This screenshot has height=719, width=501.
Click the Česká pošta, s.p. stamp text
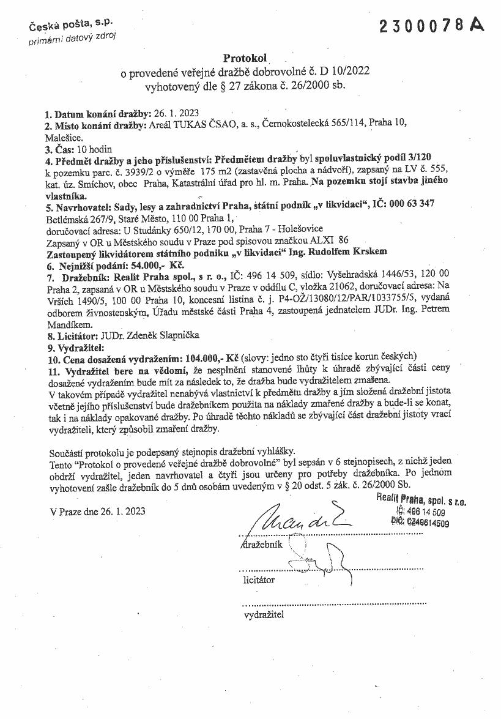point(70,26)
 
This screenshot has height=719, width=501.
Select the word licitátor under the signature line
point(259,579)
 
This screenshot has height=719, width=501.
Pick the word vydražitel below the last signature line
point(264,614)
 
